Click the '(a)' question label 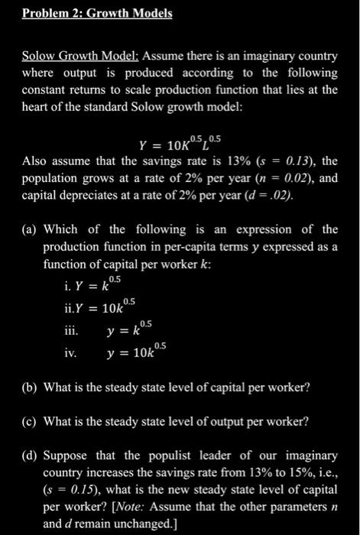point(30,229)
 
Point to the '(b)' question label point(30,387)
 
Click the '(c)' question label point(30,421)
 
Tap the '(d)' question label point(30,455)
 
